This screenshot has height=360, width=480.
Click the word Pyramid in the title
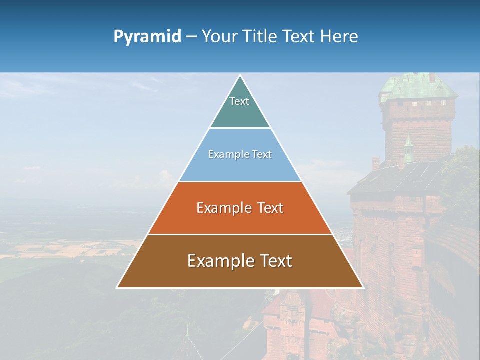click(x=147, y=37)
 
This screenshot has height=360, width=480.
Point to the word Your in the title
click(x=218, y=37)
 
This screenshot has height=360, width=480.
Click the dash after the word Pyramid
click(x=191, y=37)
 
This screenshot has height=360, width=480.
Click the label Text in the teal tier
click(x=239, y=101)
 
